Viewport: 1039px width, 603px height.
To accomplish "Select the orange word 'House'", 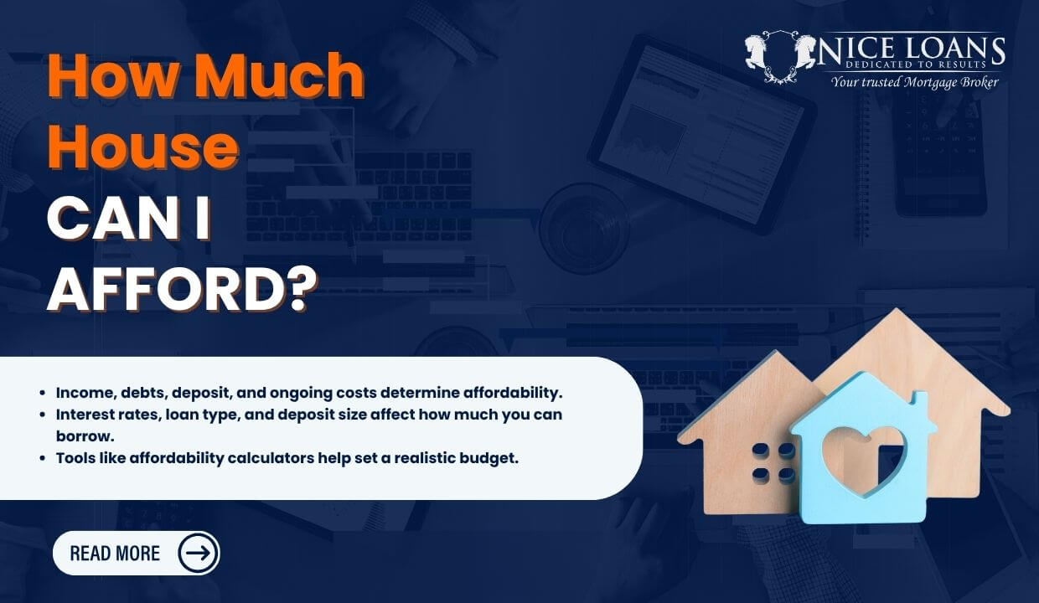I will click(142, 147).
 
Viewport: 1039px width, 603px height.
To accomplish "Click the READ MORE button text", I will click(115, 554).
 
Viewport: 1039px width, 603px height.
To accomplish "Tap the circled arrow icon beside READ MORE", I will click(199, 553).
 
